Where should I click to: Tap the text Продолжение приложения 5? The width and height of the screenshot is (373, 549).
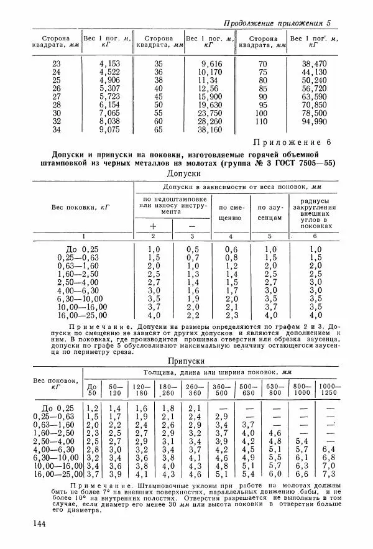click(277, 23)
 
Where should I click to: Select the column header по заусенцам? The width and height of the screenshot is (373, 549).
click(270, 213)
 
